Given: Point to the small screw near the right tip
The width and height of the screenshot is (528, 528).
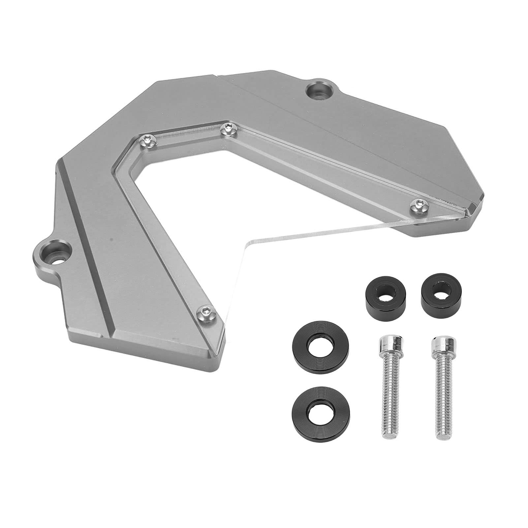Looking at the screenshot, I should (418, 206).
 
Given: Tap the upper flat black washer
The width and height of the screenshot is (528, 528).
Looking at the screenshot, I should (313, 345).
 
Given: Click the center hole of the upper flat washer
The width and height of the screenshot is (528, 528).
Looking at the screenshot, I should (313, 345).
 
